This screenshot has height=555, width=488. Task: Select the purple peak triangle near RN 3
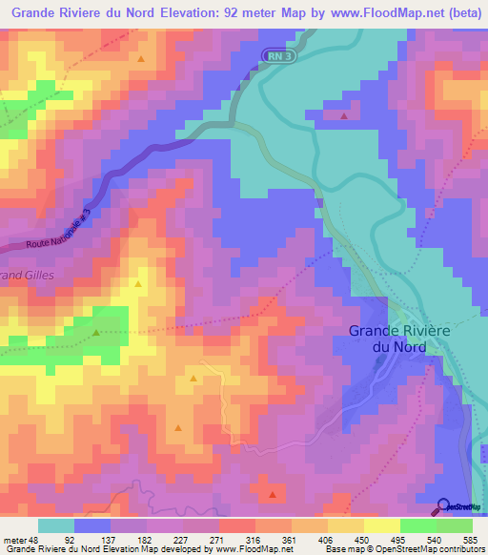[x=343, y=115]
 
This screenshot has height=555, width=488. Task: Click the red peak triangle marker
[x=274, y=494]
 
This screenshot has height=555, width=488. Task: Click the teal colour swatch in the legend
[x=56, y=525]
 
